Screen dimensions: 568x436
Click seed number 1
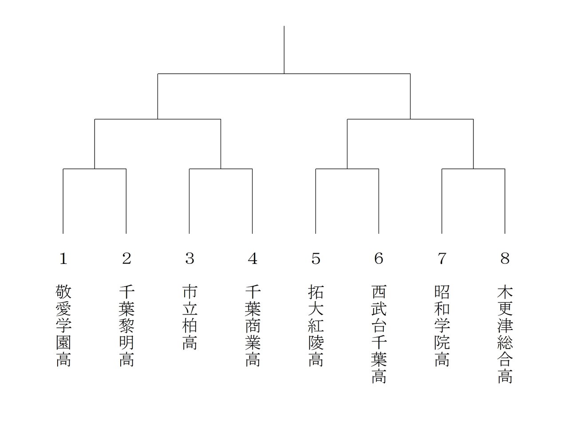point(63,258)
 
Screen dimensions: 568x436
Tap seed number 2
point(126,258)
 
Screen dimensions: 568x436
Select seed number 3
point(189,258)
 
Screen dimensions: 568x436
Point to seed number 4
point(252,258)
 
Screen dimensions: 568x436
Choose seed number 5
point(316,258)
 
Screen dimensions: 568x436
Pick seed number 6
point(379,258)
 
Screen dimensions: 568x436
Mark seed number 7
point(442,258)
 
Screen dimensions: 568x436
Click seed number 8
point(505,258)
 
